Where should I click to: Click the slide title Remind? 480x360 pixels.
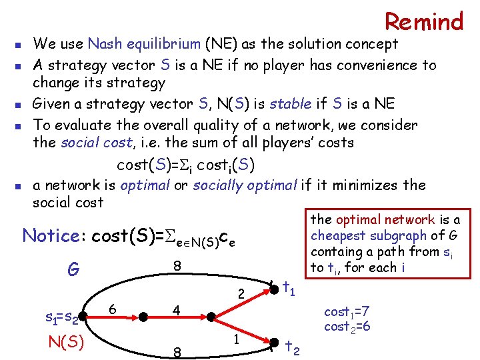(424, 21)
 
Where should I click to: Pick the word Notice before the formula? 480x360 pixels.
(51, 236)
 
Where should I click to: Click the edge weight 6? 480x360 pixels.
(113, 310)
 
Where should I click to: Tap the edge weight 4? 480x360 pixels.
(176, 311)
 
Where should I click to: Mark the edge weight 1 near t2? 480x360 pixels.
(237, 338)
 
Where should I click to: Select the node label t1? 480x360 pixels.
(289, 288)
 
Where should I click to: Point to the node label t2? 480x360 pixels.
(291, 347)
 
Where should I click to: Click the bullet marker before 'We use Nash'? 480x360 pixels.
(18, 46)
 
